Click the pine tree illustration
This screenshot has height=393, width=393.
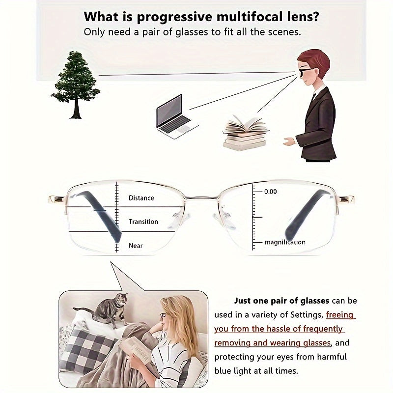76,84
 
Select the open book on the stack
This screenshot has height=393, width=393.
246,125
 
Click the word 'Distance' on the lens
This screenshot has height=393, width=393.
141,198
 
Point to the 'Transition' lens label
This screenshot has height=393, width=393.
143,222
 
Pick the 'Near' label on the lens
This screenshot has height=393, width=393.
136,246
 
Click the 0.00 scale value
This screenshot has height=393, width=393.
271,192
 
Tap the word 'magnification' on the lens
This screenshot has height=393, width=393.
285,242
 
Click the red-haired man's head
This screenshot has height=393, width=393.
313,67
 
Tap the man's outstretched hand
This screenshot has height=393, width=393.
289,141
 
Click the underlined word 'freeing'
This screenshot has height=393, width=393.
339,314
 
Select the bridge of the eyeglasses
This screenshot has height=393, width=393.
202,198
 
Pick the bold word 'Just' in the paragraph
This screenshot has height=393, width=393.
243,301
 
